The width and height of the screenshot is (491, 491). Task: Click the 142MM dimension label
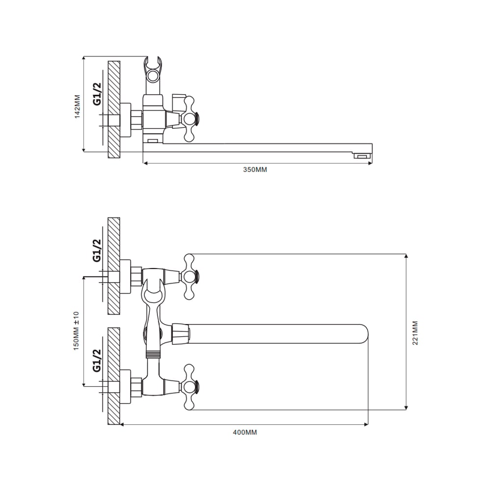[78, 107]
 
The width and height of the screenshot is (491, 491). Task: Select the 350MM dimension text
[255, 170]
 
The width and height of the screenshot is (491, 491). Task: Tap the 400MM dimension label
[245, 433]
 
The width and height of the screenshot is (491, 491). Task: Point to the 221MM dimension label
[415, 333]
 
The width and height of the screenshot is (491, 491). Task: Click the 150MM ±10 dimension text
[77, 330]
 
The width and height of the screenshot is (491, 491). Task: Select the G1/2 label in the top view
[98, 94]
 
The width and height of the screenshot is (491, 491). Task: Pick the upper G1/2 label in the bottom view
[97, 250]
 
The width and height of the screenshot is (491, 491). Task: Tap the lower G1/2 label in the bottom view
[97, 360]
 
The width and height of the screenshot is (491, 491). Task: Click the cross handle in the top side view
[190, 119]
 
